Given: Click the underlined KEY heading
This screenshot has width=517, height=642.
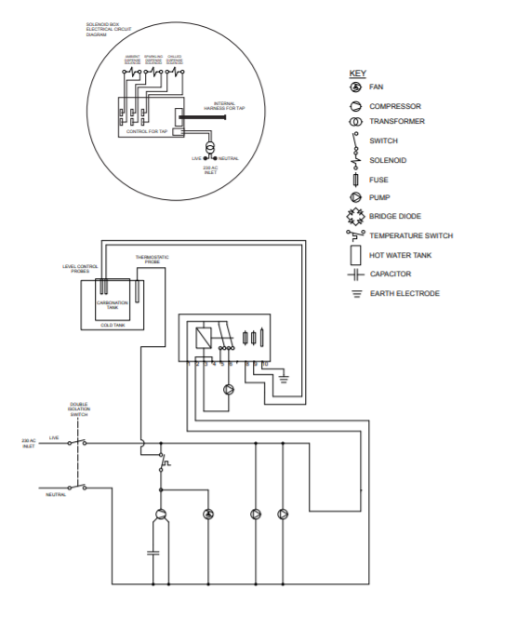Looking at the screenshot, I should pos(357,73).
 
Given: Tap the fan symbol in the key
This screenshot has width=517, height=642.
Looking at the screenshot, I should pos(354,87).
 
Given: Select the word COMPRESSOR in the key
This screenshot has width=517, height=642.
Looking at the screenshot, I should pos(395,107).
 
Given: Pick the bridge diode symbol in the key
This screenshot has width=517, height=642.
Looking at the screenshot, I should pos(354,217).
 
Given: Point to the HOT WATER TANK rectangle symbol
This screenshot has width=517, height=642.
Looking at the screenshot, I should pos(354,254).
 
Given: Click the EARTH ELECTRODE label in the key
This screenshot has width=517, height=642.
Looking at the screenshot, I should pos(404,294).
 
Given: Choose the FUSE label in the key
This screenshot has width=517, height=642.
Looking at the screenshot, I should pos(378,180).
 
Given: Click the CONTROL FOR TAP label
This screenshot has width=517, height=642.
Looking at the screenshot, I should pos(147,132).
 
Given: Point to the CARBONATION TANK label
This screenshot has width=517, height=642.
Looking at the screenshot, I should pos(111,305).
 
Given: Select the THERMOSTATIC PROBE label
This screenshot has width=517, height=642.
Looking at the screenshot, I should pos(152,259).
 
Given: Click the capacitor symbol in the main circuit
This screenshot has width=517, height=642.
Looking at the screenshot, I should pos(154,552).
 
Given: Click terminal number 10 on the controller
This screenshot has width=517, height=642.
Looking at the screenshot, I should pos(265,364).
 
